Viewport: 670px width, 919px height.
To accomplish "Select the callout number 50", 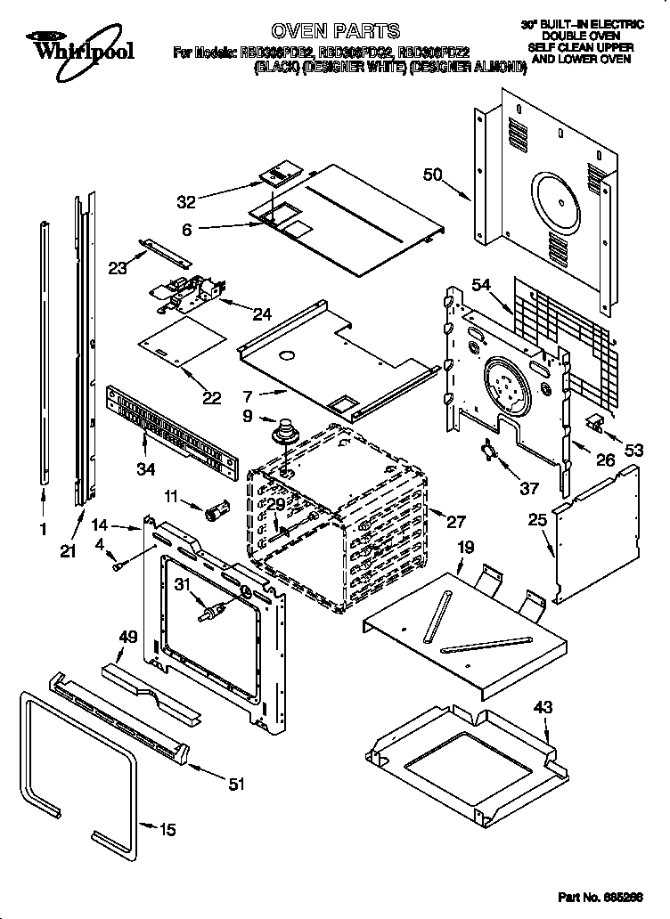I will coord(433,175).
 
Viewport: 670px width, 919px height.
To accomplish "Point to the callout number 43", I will coord(543,708).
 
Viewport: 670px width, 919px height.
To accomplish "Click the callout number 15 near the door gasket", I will coord(167,830).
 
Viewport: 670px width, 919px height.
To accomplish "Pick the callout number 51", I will coord(236,784).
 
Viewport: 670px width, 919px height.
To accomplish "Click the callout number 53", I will coord(633,451).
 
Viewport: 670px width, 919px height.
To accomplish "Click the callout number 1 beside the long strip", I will coord(43,529).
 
